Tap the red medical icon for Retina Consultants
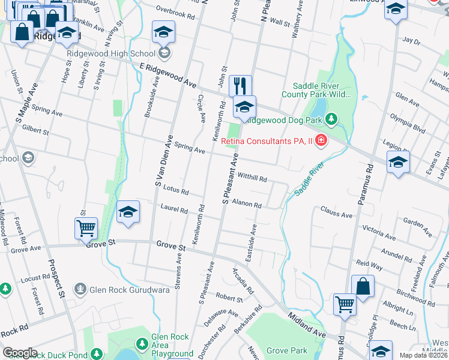coord(321,141)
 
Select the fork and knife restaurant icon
coord(241,85)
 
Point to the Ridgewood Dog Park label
coord(285,119)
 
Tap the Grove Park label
coord(286,350)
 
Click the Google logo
coord(20,353)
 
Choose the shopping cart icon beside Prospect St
coord(86,228)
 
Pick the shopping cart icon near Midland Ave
coord(345,304)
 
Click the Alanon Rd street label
coord(247,204)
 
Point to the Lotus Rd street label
coord(176,190)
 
